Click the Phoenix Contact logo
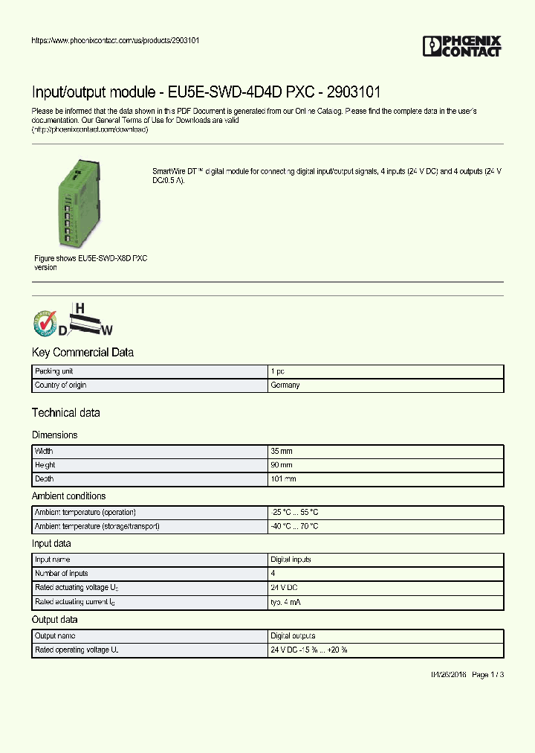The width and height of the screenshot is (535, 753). click(461, 46)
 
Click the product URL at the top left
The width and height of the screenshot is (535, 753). click(114, 40)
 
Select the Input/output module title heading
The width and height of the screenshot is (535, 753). click(206, 93)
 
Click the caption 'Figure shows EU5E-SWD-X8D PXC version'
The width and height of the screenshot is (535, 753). click(91, 263)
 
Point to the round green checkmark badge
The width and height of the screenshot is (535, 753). click(45, 323)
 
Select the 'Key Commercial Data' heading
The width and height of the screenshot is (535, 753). click(82, 353)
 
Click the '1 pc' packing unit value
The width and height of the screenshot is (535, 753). click(278, 371)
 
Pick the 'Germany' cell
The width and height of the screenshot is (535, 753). click(285, 385)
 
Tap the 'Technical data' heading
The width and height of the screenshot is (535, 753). click(65, 413)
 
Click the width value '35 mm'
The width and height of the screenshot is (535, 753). click(282, 452)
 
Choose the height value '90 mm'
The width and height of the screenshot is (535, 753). click(282, 465)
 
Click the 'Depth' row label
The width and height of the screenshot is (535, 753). click(45, 479)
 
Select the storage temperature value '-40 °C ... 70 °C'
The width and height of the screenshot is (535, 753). click(295, 527)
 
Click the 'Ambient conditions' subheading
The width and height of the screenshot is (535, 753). click(68, 496)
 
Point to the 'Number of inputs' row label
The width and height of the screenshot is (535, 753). click(62, 574)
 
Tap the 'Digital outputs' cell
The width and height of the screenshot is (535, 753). click(293, 636)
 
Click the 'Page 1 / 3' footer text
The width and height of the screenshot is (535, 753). click(487, 675)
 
